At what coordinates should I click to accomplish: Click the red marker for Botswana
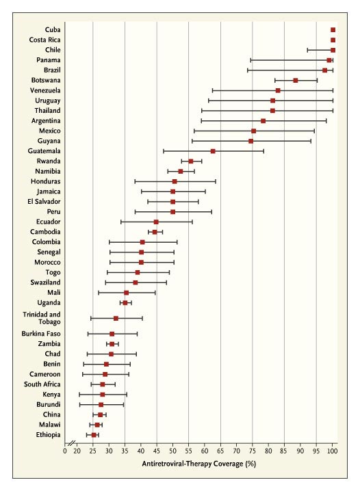pyautogui.click(x=295, y=81)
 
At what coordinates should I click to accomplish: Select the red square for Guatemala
pyautogui.click(x=213, y=151)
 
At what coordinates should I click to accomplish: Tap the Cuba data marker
pyautogui.click(x=333, y=30)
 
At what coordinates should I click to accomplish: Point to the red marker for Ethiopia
pyautogui.click(x=94, y=435)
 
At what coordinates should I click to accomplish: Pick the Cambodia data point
pyautogui.click(x=155, y=232)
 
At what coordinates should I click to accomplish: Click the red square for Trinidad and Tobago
pyautogui.click(x=116, y=319)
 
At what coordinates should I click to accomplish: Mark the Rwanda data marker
pyautogui.click(x=191, y=161)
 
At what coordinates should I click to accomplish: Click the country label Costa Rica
pyautogui.click(x=44, y=40)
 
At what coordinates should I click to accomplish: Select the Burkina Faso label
pyautogui.click(x=41, y=334)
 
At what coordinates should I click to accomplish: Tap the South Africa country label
pyautogui.click(x=42, y=384)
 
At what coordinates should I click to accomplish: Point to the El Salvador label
pyautogui.click(x=44, y=201)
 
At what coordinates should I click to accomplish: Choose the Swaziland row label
pyautogui.click(x=45, y=282)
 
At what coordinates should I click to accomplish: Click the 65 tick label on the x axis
pyautogui.click(x=220, y=451)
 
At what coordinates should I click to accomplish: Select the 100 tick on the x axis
pyautogui.click(x=333, y=451)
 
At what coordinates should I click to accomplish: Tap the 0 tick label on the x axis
pyautogui.click(x=65, y=451)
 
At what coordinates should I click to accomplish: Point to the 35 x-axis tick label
pyautogui.click(x=125, y=451)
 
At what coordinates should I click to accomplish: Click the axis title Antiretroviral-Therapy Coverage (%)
pyautogui.click(x=199, y=464)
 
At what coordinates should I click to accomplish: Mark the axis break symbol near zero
pyautogui.click(x=72, y=443)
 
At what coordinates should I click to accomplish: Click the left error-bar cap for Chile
pyautogui.click(x=308, y=50)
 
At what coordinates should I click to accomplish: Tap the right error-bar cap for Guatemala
pyautogui.click(x=263, y=151)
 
